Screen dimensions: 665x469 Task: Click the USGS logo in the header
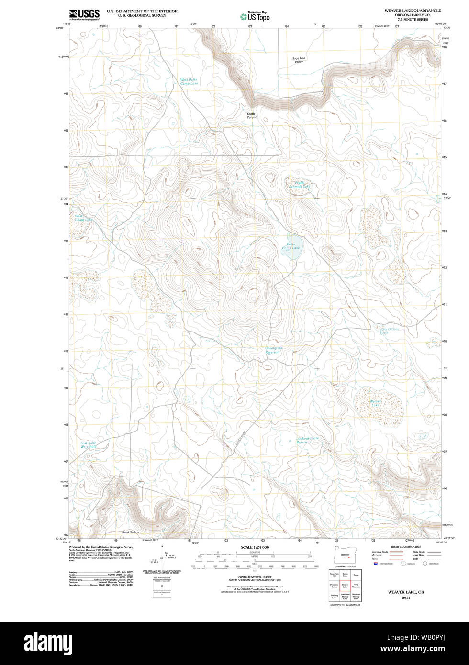click(x=84, y=14)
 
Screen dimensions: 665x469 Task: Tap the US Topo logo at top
click(x=255, y=17)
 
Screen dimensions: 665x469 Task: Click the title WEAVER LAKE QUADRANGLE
click(x=413, y=10)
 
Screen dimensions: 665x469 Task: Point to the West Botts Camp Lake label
click(x=189, y=82)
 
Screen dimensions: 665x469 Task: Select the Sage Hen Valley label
click(x=299, y=60)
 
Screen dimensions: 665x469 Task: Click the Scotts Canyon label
click(x=252, y=115)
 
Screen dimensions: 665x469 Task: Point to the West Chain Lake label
click(x=83, y=218)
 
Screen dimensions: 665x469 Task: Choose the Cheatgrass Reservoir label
click(x=274, y=350)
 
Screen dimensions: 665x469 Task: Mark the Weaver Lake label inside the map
click(x=376, y=403)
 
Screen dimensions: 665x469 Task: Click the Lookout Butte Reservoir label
click(x=307, y=440)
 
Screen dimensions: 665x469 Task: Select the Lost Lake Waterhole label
click(x=88, y=444)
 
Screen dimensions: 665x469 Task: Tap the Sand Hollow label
click(x=130, y=532)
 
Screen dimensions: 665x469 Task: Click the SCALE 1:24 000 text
click(x=255, y=547)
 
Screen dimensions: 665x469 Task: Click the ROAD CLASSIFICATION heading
click(x=406, y=547)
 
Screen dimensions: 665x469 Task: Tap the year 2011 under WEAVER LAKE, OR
click(x=406, y=598)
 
